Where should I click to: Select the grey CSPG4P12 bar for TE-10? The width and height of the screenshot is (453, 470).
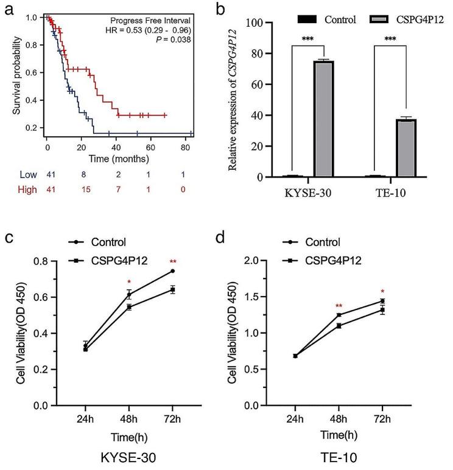coord(406,148)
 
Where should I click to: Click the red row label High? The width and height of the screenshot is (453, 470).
coord(27,190)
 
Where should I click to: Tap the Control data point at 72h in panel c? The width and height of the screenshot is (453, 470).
coord(173,271)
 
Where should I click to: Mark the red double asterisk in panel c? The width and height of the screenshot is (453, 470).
coord(173,262)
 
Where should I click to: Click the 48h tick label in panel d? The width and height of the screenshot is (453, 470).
coord(340,419)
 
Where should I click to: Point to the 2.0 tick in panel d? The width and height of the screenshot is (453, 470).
coord(259,261)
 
